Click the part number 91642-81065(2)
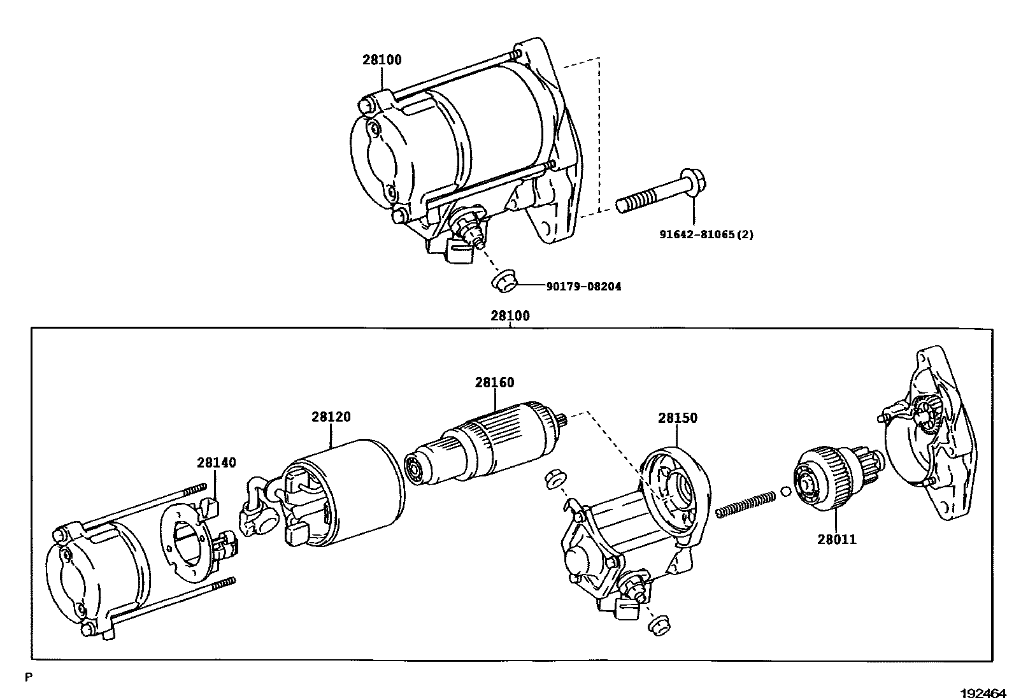coord(706,234)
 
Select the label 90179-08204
coord(583,287)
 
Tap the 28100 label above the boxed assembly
coord(510,316)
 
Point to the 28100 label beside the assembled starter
coord(382,61)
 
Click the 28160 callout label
coord(494,383)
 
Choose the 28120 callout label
coord(331,417)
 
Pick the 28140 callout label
coord(217,462)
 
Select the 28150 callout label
coord(678,418)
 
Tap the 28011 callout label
coord(837,539)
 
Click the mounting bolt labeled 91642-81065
coord(656,197)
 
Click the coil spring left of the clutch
coord(745,501)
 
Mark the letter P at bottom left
coord(28,678)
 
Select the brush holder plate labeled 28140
coord(188,535)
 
